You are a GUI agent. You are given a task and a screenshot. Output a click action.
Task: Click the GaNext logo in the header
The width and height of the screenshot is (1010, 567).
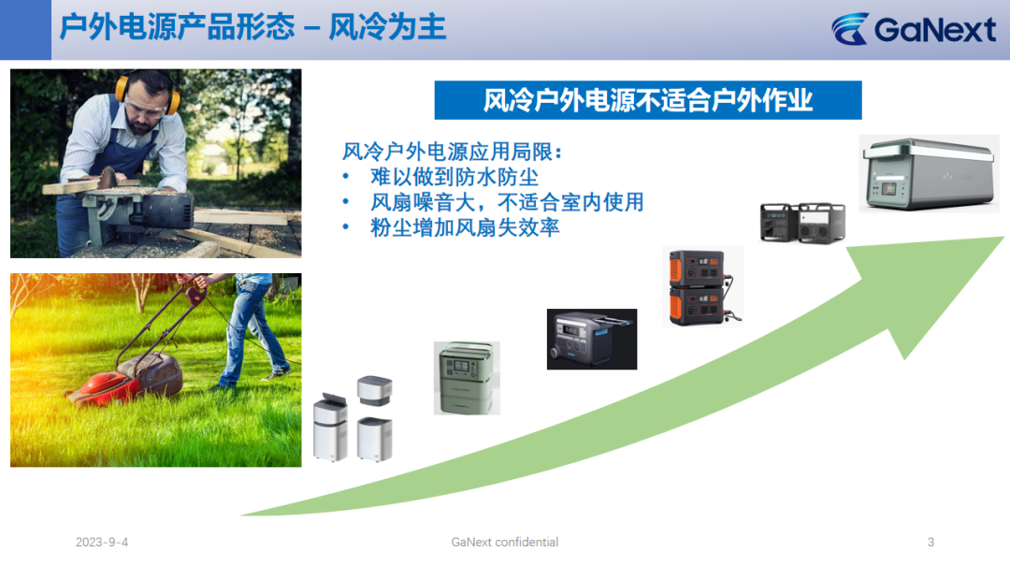point(914,29)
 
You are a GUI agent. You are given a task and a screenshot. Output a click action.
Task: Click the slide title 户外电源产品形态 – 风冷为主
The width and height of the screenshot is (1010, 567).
point(252,28)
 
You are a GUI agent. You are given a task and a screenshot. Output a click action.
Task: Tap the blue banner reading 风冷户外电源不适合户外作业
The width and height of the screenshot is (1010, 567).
point(648,100)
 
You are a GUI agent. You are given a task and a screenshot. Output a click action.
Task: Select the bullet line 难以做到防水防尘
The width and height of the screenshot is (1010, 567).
point(454,177)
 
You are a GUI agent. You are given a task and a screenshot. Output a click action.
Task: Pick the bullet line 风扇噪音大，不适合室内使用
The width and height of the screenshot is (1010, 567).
point(507,202)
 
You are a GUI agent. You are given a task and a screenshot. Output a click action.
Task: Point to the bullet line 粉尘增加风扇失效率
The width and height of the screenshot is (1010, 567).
point(465,227)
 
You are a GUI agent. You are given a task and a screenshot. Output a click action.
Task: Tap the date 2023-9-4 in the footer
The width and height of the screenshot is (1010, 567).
point(102,543)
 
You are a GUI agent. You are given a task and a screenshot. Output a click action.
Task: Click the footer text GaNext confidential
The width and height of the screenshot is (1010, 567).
point(505,543)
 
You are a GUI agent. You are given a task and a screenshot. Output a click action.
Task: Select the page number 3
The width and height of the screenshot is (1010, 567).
point(931,543)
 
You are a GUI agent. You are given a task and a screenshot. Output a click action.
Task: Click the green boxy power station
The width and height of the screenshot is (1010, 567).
point(467,378)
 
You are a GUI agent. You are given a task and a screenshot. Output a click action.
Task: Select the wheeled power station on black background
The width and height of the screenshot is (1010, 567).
point(592,339)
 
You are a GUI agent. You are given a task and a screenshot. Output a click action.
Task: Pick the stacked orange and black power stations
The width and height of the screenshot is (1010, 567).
point(702,286)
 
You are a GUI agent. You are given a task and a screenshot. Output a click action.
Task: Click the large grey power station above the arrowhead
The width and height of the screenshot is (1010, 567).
point(929,173)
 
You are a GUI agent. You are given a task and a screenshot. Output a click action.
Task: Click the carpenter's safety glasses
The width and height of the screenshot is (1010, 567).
point(144,109)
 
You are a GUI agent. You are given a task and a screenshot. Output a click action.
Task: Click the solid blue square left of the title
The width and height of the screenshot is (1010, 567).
point(26,30)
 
